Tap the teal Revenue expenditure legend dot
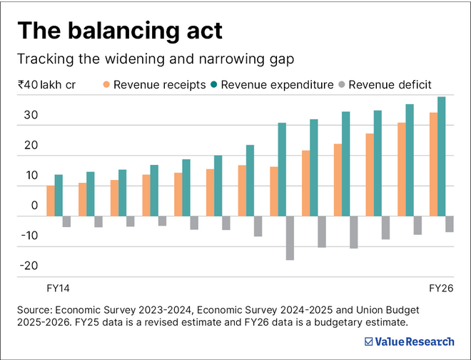click(x=213, y=85)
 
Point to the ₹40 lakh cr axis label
click(x=47, y=85)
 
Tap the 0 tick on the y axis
click(x=34, y=206)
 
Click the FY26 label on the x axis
click(x=441, y=288)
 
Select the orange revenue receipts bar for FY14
click(x=51, y=201)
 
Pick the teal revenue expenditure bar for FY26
click(x=441, y=156)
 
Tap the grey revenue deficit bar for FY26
click(x=450, y=224)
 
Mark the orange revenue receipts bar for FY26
click(x=433, y=164)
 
